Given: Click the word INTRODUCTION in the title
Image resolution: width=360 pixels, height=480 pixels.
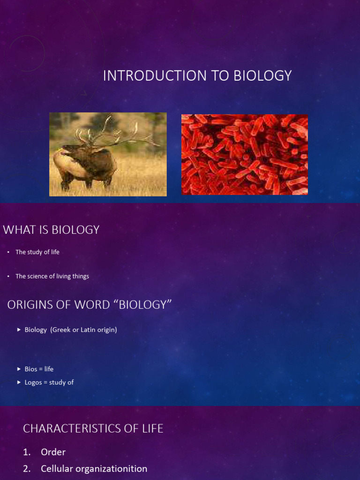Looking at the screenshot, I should pos(149,76).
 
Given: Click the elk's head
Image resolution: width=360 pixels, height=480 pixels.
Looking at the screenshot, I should pos(73,150).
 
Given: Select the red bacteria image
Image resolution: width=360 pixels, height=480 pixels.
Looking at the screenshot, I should pos(245,154).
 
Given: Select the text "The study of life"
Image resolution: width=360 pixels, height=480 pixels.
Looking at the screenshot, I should pos(37,252).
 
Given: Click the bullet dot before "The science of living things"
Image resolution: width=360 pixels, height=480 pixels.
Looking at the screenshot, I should pos(8,277).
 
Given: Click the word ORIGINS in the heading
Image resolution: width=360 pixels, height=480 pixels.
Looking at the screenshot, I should pos(33,305).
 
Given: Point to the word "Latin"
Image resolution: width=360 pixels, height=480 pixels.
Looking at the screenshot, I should pos(90,330).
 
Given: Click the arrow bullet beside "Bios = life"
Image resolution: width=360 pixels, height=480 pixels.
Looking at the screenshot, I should pos(19,369).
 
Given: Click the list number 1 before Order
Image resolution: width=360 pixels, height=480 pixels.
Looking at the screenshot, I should pos(26,452).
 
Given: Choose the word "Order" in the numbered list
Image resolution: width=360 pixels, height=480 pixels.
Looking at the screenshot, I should pos(53,452).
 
